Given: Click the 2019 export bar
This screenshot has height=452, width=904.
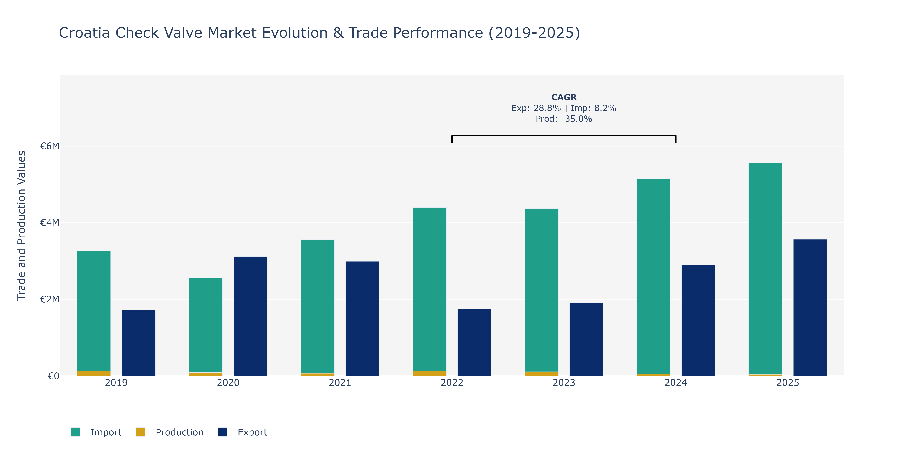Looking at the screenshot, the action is tap(139, 343).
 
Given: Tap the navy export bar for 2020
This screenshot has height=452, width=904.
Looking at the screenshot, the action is tap(250, 316).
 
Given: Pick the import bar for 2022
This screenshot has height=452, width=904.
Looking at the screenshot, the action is tap(430, 289).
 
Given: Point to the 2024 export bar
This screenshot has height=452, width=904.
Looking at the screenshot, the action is tap(698, 320).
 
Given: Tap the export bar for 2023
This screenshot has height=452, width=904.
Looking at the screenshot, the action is tap(586, 339).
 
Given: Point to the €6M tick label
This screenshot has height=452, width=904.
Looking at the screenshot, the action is tap(50, 146).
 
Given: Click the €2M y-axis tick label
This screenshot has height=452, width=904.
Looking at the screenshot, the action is tap(50, 299).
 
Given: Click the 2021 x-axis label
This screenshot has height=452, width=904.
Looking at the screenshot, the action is tap(340, 383).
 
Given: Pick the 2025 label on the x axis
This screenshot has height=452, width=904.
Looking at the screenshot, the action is tap(787, 383).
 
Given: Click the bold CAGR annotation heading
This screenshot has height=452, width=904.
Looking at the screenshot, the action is tap(564, 97).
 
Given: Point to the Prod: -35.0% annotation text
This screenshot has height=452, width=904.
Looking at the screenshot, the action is tap(564, 119).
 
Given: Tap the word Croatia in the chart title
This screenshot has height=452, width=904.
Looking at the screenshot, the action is tap(84, 33).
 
